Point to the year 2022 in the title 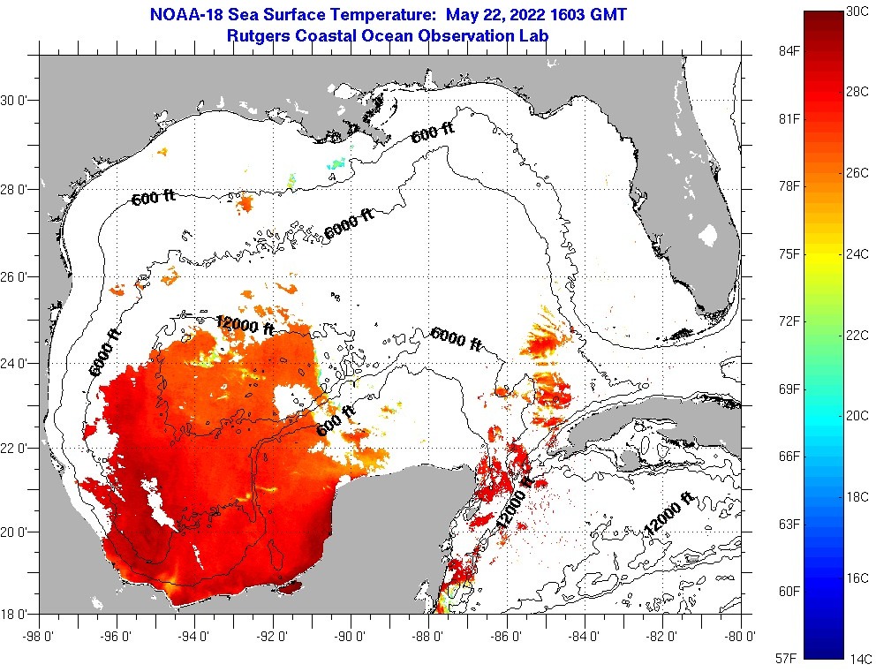[x=527, y=15]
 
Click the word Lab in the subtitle [x=534, y=36]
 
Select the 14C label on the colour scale [x=861, y=658]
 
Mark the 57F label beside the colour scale [x=787, y=658]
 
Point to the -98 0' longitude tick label [x=39, y=633]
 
